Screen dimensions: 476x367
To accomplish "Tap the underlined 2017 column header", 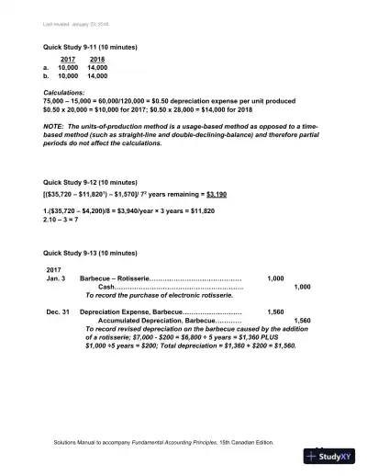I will pyautogui.click(x=66, y=59).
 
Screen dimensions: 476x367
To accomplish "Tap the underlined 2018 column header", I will pyautogui.click(x=96, y=59).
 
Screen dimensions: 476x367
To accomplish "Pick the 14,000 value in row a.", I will pyautogui.click(x=97, y=67).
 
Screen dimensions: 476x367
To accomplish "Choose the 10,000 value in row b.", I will pyautogui.click(x=67, y=76).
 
